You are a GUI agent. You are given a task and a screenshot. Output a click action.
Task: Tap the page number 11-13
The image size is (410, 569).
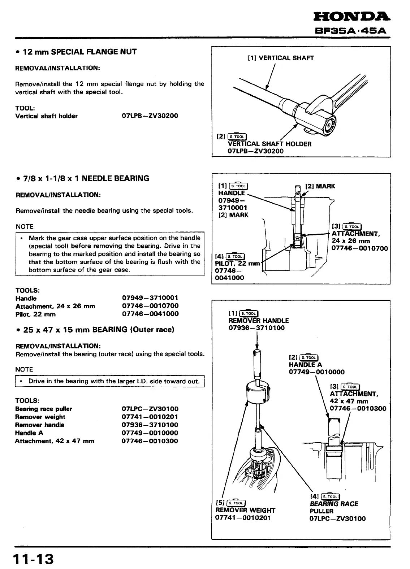pos(33,559)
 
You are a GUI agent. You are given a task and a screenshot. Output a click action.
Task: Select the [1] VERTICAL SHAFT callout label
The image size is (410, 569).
pos(281,58)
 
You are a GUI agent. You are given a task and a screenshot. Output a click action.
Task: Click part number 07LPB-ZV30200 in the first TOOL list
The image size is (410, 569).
pos(150,116)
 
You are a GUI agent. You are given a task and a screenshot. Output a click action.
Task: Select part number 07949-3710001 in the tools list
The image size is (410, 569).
pos(150,298)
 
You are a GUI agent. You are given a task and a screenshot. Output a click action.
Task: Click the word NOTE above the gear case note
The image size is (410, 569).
pos(25,227)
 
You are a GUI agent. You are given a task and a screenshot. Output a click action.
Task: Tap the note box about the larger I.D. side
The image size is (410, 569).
pos(110,381)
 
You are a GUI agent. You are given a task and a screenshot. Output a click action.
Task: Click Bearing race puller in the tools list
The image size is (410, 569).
pos(44,409)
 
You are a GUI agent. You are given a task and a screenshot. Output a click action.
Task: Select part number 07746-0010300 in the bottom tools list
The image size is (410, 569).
pos(150,441)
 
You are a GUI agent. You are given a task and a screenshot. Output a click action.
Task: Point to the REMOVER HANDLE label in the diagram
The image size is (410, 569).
pos(259,321)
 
